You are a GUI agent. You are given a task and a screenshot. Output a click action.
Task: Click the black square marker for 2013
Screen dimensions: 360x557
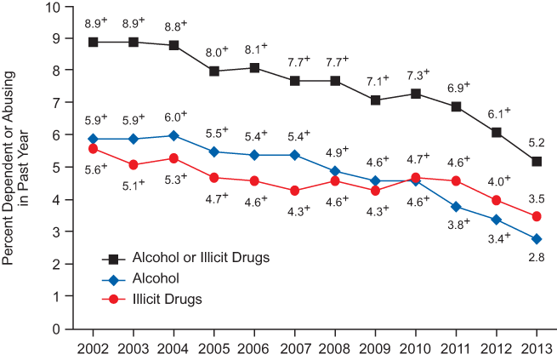click(x=537, y=161)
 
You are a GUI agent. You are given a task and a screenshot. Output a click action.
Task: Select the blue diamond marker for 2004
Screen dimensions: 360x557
click(x=173, y=135)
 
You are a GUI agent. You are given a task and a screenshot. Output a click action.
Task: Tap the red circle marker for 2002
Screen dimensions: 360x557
click(x=93, y=148)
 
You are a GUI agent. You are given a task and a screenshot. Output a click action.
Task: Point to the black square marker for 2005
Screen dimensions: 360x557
click(x=214, y=71)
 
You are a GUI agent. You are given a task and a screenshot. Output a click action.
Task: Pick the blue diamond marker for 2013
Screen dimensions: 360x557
click(x=537, y=238)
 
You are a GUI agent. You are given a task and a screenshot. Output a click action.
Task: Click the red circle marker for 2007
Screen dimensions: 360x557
click(x=295, y=191)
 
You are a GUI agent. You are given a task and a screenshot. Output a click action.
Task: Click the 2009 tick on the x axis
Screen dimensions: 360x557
click(x=376, y=347)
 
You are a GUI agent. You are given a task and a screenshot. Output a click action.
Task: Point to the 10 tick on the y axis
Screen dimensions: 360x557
click(x=54, y=7)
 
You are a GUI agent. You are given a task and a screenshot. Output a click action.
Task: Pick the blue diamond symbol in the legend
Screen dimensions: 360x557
click(x=110, y=277)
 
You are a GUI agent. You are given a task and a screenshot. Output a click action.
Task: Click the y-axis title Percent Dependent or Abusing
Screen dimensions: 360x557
click(x=11, y=166)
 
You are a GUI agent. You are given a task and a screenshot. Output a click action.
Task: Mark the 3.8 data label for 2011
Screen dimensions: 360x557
click(x=457, y=225)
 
